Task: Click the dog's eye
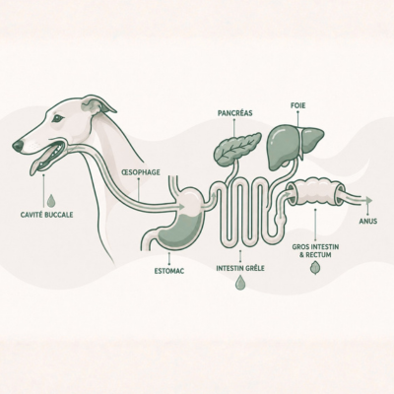coord(58,118)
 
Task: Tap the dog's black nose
coord(18,146)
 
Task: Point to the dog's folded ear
coord(98,105)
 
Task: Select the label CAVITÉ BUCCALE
coord(46,215)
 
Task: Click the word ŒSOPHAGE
coord(141,172)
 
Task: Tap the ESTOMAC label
coord(169,271)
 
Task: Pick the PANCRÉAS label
coord(235,113)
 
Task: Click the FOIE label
coord(298,105)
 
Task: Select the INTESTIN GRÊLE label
coord(240,268)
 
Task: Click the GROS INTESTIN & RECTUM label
coord(315,250)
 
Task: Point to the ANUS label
coord(368,222)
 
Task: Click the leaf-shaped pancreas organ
coord(237,148)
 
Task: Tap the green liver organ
coord(294,147)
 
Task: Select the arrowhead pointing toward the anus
coord(369,200)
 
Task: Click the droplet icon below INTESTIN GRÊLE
coord(240,283)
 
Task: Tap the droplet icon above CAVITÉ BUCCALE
coord(51,200)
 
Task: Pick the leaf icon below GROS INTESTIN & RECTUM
coord(315,268)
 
